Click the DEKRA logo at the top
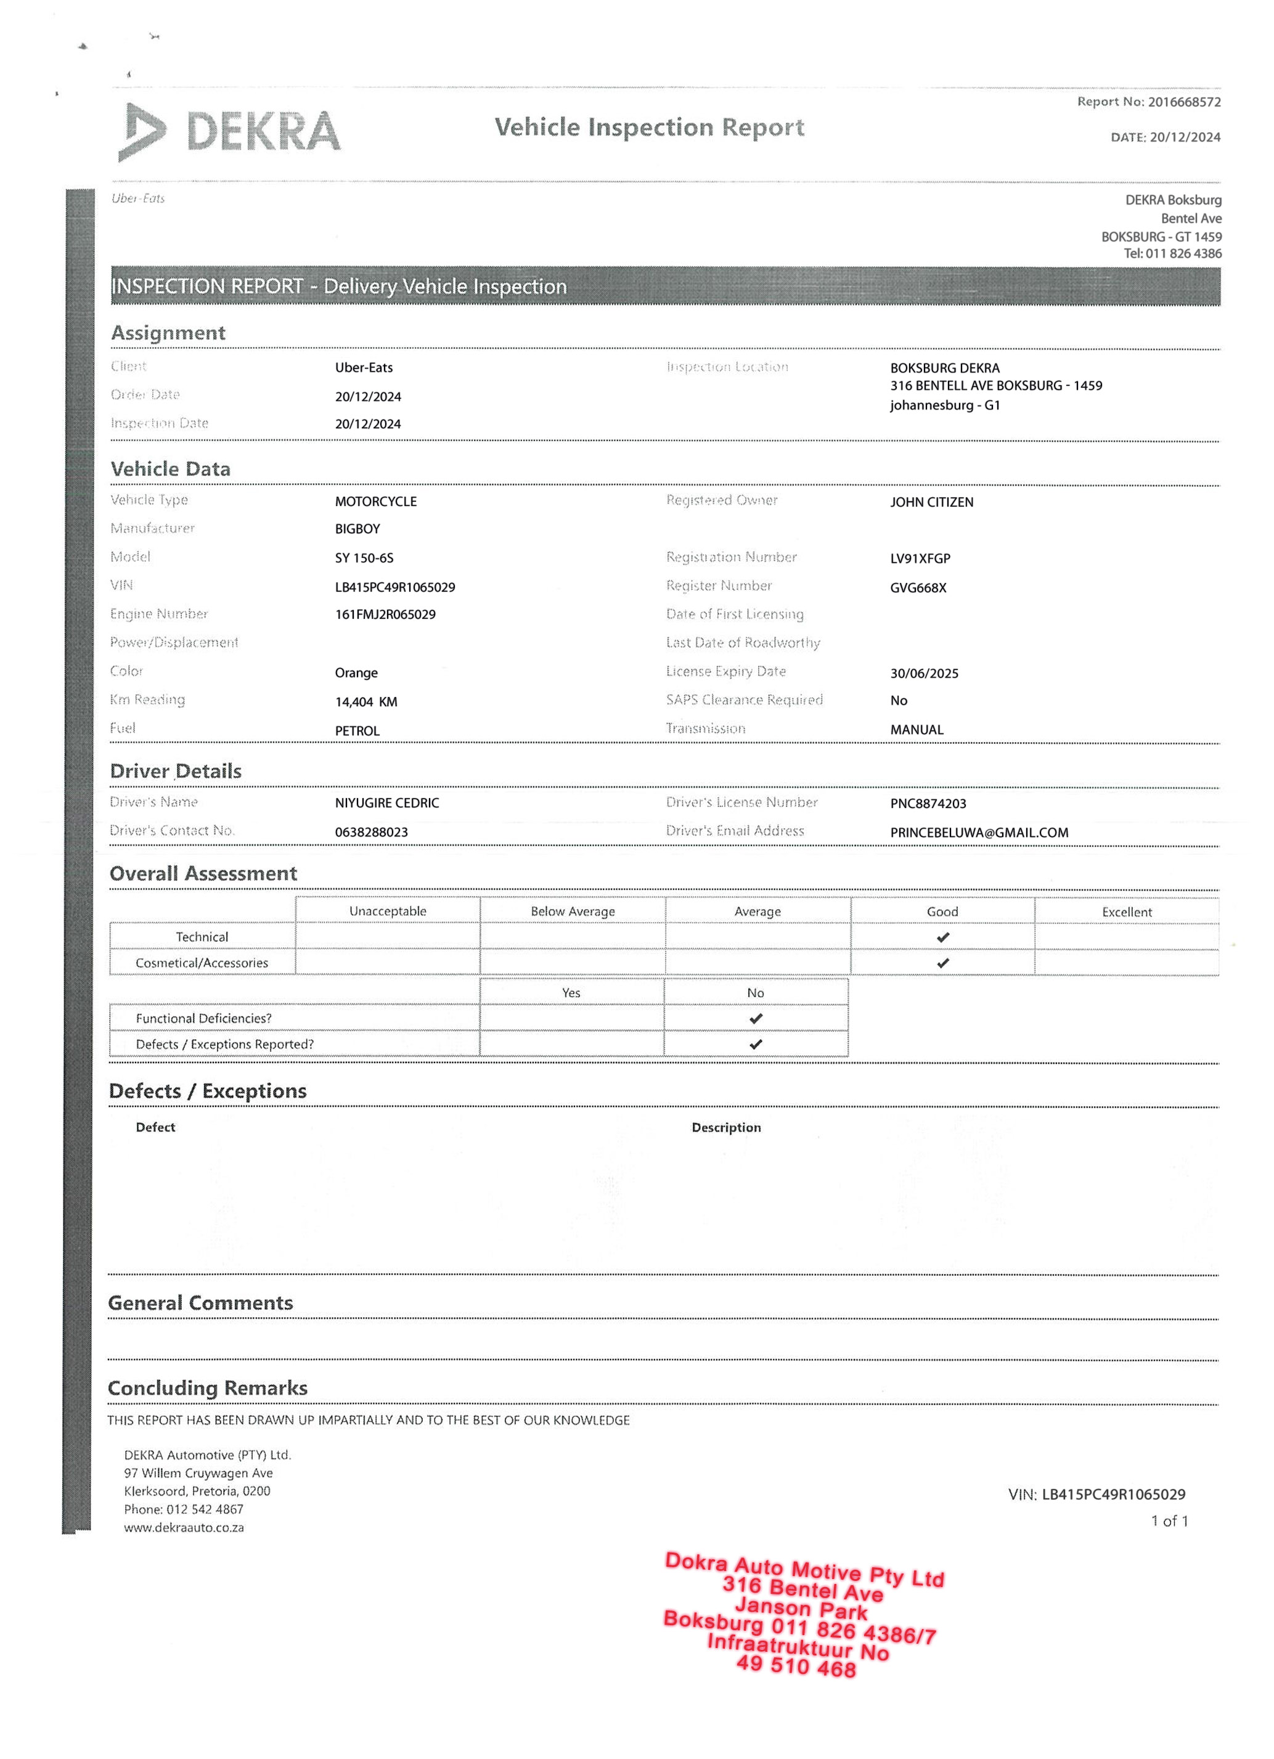(229, 132)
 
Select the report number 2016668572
(1184, 102)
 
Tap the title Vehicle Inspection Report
(649, 127)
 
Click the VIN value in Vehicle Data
(394, 587)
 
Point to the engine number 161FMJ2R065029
(385, 614)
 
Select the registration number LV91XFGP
(920, 558)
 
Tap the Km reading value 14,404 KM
(365, 702)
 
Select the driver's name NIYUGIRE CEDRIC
(386, 802)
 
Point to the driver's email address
(979, 832)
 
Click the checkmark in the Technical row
(942, 937)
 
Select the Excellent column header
(1126, 912)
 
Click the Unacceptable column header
(387, 912)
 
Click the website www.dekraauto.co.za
(184, 1527)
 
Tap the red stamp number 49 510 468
(796, 1666)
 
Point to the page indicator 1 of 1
(1169, 1521)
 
